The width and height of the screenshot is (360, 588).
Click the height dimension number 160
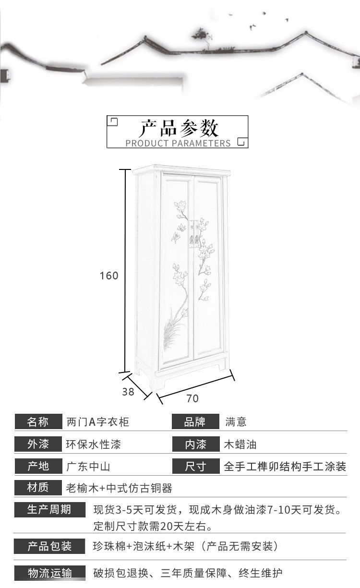pos(109,276)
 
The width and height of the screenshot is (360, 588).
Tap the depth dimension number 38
pos(128,392)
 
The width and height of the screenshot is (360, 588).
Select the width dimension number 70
pos(192,398)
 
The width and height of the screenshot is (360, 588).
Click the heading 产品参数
pos(179,128)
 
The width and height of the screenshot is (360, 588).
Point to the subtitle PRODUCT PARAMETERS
pos(178,143)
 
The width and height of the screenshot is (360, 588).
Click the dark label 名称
pos(38,422)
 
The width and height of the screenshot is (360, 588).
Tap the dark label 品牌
pos(195,422)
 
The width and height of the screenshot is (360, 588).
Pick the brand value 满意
pos(236,422)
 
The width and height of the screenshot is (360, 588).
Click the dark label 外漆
pos(38,444)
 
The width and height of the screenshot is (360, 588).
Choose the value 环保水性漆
pos(93,444)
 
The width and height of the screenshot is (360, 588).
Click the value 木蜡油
pos(240,444)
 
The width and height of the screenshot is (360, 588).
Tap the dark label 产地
pos(38,466)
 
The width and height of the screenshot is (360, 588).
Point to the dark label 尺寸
pos(195,466)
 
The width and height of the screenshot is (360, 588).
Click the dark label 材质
pos(38,488)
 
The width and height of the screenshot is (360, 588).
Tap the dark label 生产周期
pos(49,510)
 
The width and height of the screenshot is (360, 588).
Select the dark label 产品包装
pos(49,546)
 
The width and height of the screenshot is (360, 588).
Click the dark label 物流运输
pos(49,573)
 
